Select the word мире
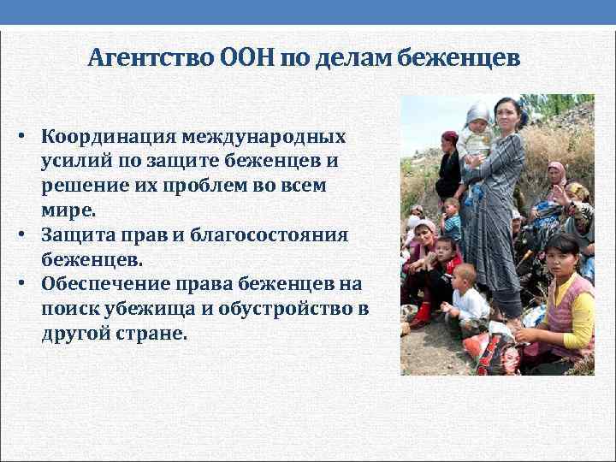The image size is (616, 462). point(68,208)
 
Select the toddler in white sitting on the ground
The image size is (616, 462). point(466,299)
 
